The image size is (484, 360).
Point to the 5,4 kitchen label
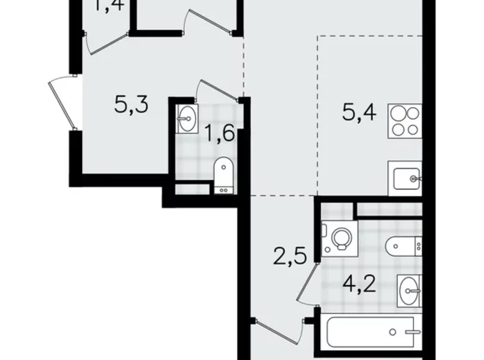click(359, 114)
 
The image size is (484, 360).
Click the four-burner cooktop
click(405, 121)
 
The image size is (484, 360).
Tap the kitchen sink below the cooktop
click(405, 179)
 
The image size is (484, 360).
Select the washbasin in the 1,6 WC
click(187, 119)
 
